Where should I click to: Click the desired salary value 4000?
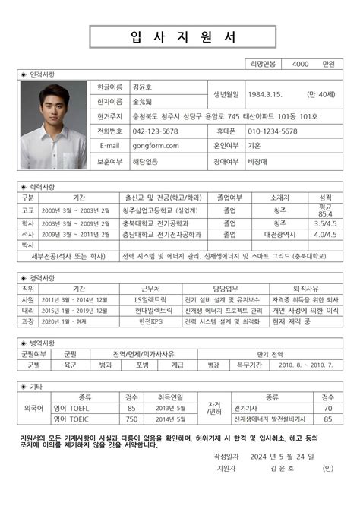point(300,64)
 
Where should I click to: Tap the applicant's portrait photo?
point(53,125)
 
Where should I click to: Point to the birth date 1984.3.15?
point(265,93)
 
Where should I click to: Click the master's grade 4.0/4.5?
point(326,235)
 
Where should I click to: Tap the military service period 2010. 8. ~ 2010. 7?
point(307,365)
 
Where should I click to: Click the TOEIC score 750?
point(131,419)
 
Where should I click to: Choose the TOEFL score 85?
point(131,408)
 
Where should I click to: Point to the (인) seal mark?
point(327,469)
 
